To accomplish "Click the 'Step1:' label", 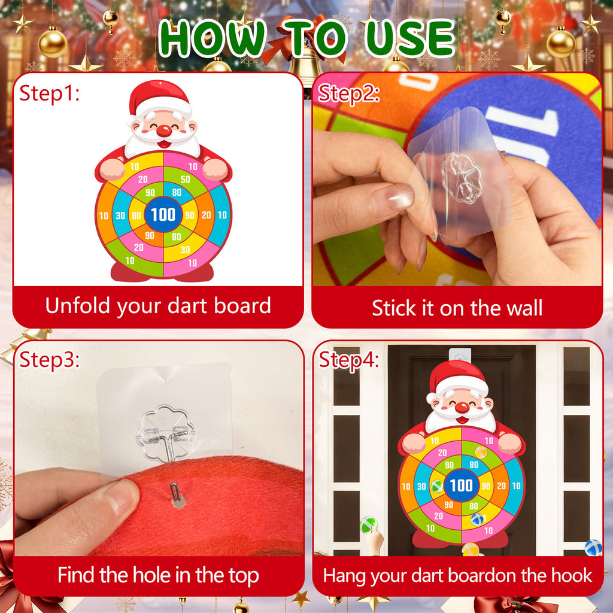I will [x=49, y=93].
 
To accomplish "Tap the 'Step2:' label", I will [x=348, y=93].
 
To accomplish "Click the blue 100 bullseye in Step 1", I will [x=163, y=214].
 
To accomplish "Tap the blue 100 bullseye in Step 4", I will [x=461, y=485].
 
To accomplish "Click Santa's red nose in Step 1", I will [x=163, y=131].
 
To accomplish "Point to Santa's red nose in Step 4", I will [x=461, y=408].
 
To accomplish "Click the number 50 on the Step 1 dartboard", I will [x=185, y=180].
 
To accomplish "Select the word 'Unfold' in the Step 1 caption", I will [x=78, y=306].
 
